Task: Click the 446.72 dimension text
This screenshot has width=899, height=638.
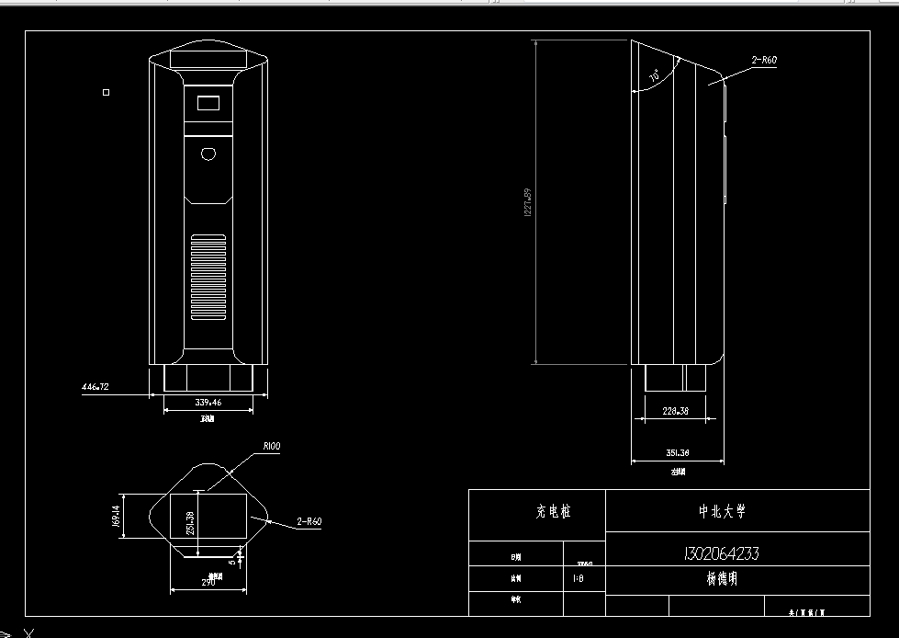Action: click(96, 388)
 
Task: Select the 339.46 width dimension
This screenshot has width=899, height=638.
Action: click(208, 403)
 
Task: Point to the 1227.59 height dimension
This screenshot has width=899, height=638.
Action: click(527, 203)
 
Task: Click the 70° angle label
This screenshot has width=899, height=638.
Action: click(654, 78)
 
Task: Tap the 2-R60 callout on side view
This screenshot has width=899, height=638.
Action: click(764, 60)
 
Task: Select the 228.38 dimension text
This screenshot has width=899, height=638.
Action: click(675, 412)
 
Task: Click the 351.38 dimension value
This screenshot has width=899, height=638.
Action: click(677, 453)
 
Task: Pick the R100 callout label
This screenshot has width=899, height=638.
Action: click(271, 446)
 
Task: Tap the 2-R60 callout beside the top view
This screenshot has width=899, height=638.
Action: click(309, 521)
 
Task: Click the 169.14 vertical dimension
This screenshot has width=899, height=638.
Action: click(117, 516)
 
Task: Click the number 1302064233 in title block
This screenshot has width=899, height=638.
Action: click(721, 553)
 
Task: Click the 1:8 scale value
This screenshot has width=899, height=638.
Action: click(578, 579)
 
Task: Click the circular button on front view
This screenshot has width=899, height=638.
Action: click(208, 154)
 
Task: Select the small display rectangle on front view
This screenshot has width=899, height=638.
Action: click(208, 103)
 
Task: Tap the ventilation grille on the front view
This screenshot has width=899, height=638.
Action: click(208, 277)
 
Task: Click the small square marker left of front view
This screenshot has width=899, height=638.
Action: click(107, 92)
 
